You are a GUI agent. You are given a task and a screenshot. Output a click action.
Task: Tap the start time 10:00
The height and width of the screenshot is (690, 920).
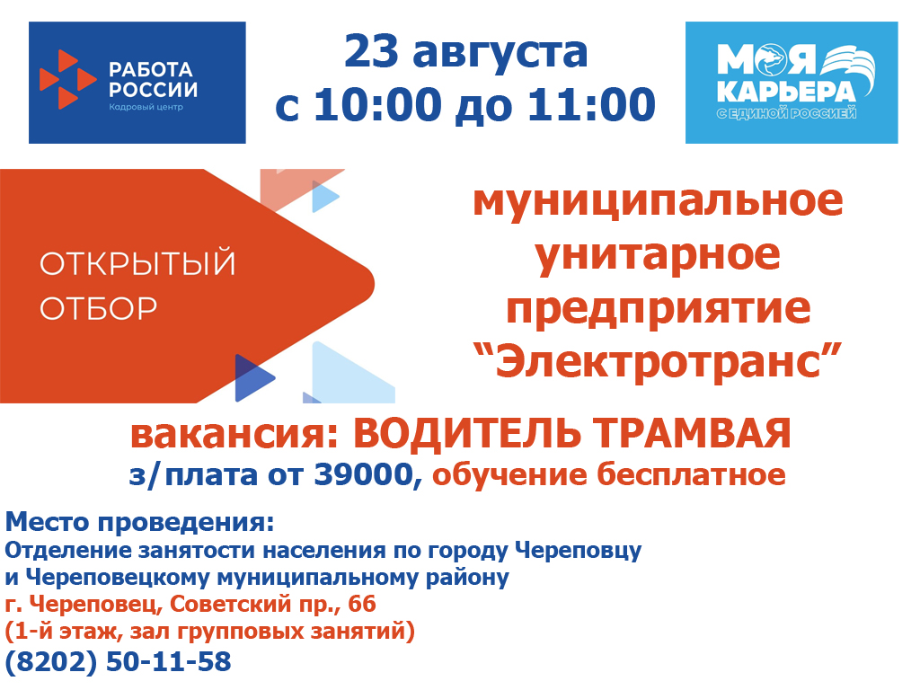378,105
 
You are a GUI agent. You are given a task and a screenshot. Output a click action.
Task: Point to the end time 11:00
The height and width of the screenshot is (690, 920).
591,105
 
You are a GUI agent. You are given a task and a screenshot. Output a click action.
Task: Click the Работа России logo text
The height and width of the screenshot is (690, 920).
153,79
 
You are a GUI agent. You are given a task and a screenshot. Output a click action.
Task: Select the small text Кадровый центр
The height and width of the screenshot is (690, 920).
146,107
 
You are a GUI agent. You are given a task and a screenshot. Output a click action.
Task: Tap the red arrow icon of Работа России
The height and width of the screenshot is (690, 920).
66,79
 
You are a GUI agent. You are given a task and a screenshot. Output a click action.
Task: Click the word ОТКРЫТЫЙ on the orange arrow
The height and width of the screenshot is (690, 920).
137,263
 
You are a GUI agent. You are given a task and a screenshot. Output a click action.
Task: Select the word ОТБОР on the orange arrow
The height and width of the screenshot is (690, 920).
99,308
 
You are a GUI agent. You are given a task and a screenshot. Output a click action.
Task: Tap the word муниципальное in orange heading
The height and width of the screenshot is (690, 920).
658,200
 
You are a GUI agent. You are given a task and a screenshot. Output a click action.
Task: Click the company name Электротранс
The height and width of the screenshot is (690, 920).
658,360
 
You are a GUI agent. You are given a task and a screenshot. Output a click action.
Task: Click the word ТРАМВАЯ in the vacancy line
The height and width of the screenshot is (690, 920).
692,434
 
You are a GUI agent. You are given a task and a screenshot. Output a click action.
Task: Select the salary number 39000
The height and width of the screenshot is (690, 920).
364,474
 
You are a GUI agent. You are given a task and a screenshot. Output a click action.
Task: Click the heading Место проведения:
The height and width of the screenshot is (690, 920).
139,522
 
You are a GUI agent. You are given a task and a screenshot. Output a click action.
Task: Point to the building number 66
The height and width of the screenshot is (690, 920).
362,604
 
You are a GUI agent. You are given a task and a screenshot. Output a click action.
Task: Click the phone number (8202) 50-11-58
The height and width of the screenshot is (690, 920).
118,661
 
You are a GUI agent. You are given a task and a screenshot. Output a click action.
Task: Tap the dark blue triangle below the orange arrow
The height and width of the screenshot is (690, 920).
254,378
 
